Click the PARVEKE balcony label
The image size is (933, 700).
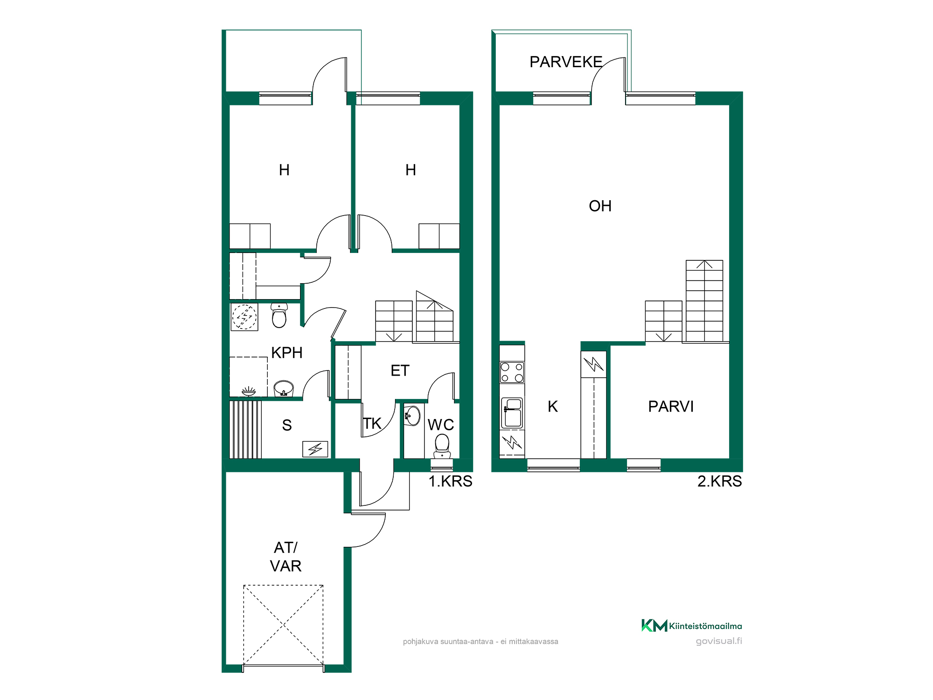click(566, 62)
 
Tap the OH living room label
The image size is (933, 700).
click(600, 206)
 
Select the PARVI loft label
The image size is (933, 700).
click(671, 406)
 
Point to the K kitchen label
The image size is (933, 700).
click(553, 406)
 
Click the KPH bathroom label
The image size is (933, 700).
click(287, 353)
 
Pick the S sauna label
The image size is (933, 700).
click(287, 425)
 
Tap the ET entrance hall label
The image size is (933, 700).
click(400, 371)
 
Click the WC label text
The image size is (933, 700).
click(441, 425)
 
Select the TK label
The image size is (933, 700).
click(372, 424)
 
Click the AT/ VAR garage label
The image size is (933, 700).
click(285, 557)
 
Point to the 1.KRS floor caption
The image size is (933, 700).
click(450, 481)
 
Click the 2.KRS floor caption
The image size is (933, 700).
click(719, 481)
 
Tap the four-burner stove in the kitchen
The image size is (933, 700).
click(512, 372)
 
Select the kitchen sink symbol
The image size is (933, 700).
click(512, 413)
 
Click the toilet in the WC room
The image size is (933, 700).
click(442, 446)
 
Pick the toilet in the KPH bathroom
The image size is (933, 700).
click(279, 315)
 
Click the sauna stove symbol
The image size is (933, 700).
click(315, 449)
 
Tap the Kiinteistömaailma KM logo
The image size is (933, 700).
click(691, 626)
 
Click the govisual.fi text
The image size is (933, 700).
click(719, 641)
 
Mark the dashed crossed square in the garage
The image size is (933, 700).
click(283, 625)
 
